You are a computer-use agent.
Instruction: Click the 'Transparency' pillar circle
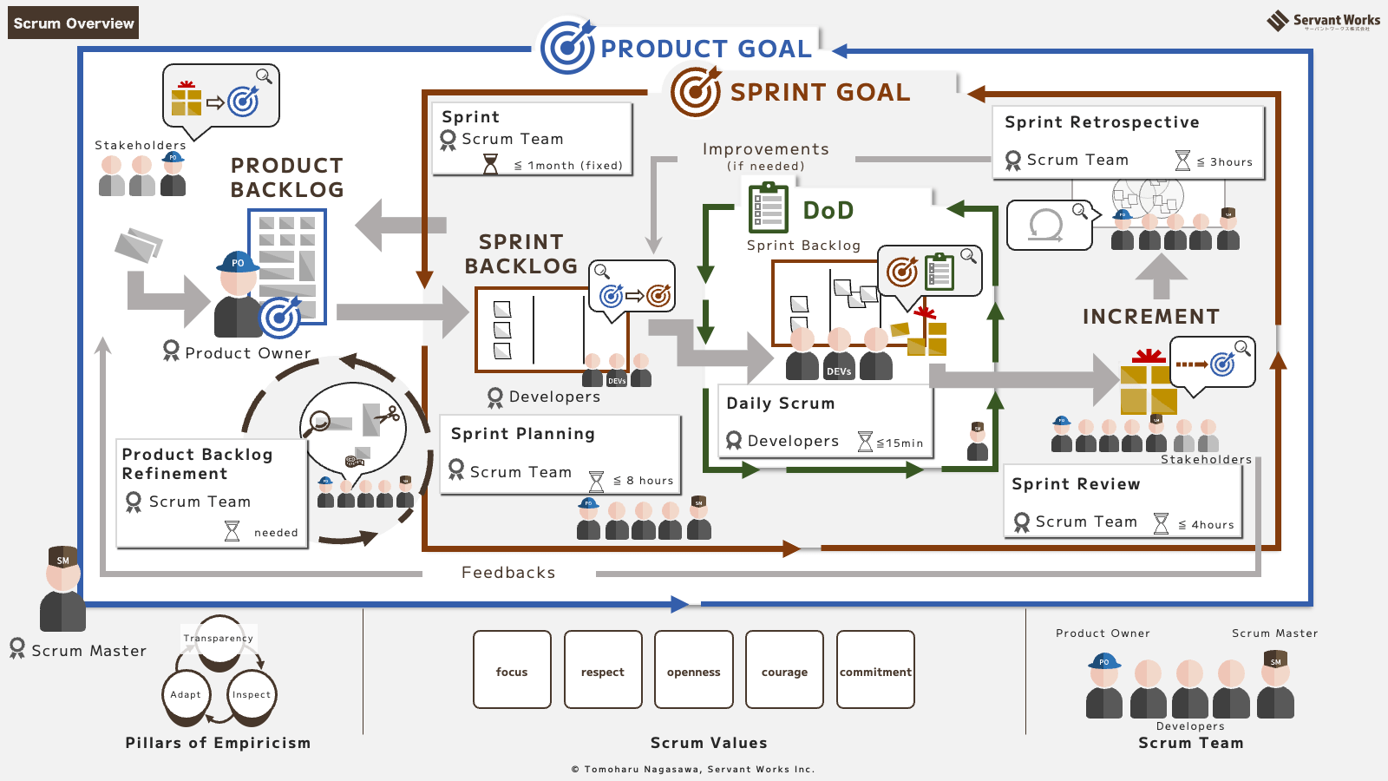pyautogui.click(x=219, y=643)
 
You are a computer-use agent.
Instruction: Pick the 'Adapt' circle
pyautogui.click(x=186, y=695)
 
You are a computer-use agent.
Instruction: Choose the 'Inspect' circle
pyautogui.click(x=252, y=695)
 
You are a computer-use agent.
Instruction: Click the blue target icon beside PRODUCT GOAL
pyautogui.click(x=567, y=47)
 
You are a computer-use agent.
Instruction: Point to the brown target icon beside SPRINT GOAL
pyautogui.click(x=696, y=92)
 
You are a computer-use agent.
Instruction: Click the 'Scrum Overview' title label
pyautogui.click(x=74, y=23)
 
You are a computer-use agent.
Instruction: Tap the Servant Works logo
pyautogui.click(x=1323, y=21)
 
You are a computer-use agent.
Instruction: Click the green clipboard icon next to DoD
pyautogui.click(x=768, y=208)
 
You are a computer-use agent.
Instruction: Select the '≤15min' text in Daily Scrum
pyautogui.click(x=900, y=443)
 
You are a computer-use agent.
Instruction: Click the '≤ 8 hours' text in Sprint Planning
pyautogui.click(x=643, y=480)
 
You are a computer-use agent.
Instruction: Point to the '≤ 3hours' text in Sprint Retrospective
pyautogui.click(x=1224, y=161)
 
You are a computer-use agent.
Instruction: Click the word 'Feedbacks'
pyautogui.click(x=508, y=573)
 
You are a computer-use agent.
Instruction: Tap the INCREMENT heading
pyautogui.click(x=1150, y=317)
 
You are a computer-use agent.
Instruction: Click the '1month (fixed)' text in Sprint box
pyautogui.click(x=574, y=165)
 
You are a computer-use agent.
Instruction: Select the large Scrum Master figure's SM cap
pyautogui.click(x=62, y=557)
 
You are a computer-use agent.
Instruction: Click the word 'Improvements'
pyautogui.click(x=765, y=149)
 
